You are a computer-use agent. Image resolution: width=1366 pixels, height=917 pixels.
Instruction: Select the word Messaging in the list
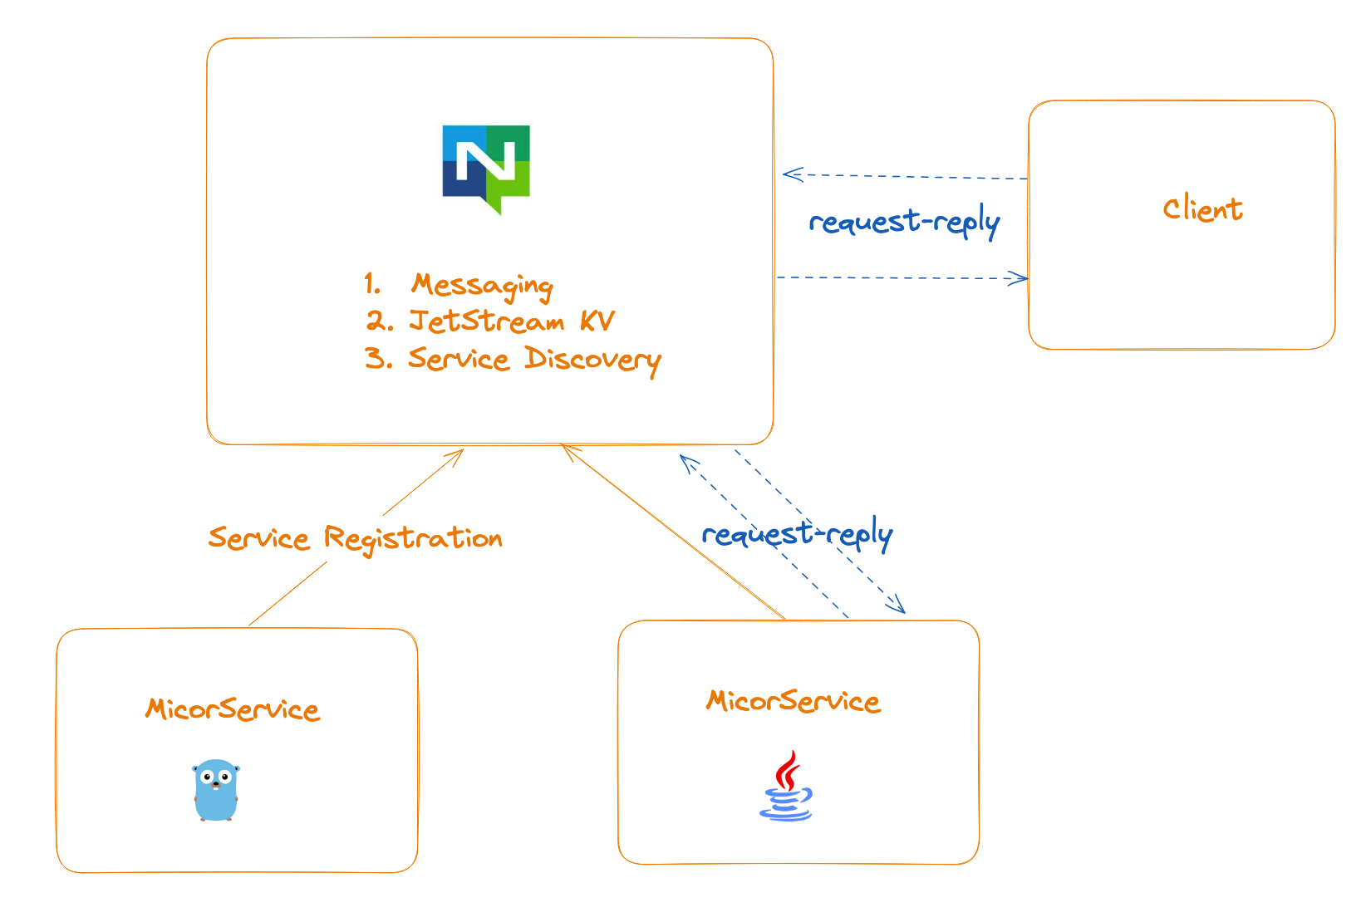pyautogui.click(x=482, y=286)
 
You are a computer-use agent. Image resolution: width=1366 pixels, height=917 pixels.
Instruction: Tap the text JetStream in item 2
pyautogui.click(x=486, y=321)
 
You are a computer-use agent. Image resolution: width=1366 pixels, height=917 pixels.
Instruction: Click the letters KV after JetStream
pyautogui.click(x=597, y=321)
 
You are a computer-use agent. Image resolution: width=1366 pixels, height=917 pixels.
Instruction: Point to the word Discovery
pyautogui.click(x=592, y=360)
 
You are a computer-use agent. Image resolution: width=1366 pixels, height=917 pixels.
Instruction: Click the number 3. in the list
pyautogui.click(x=378, y=359)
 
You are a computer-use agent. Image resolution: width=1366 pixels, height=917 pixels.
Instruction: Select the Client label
pyautogui.click(x=1202, y=209)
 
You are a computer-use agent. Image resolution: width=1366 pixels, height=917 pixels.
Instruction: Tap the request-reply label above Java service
pyautogui.click(x=797, y=534)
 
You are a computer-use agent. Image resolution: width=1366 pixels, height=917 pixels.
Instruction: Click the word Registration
pyautogui.click(x=413, y=539)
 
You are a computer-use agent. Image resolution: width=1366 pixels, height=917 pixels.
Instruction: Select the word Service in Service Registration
pyautogui.click(x=258, y=538)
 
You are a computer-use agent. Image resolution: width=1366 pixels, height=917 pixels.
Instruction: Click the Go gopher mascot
pyautogui.click(x=216, y=790)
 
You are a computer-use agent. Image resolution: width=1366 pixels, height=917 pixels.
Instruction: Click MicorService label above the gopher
pyautogui.click(x=233, y=709)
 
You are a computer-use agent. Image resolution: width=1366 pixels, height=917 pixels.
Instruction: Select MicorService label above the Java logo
pyautogui.click(x=793, y=702)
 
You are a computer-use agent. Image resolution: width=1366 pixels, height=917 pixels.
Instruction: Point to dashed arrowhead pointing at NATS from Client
pyautogui.click(x=789, y=174)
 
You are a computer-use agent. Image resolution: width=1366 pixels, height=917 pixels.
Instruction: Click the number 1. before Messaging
pyautogui.click(x=371, y=285)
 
